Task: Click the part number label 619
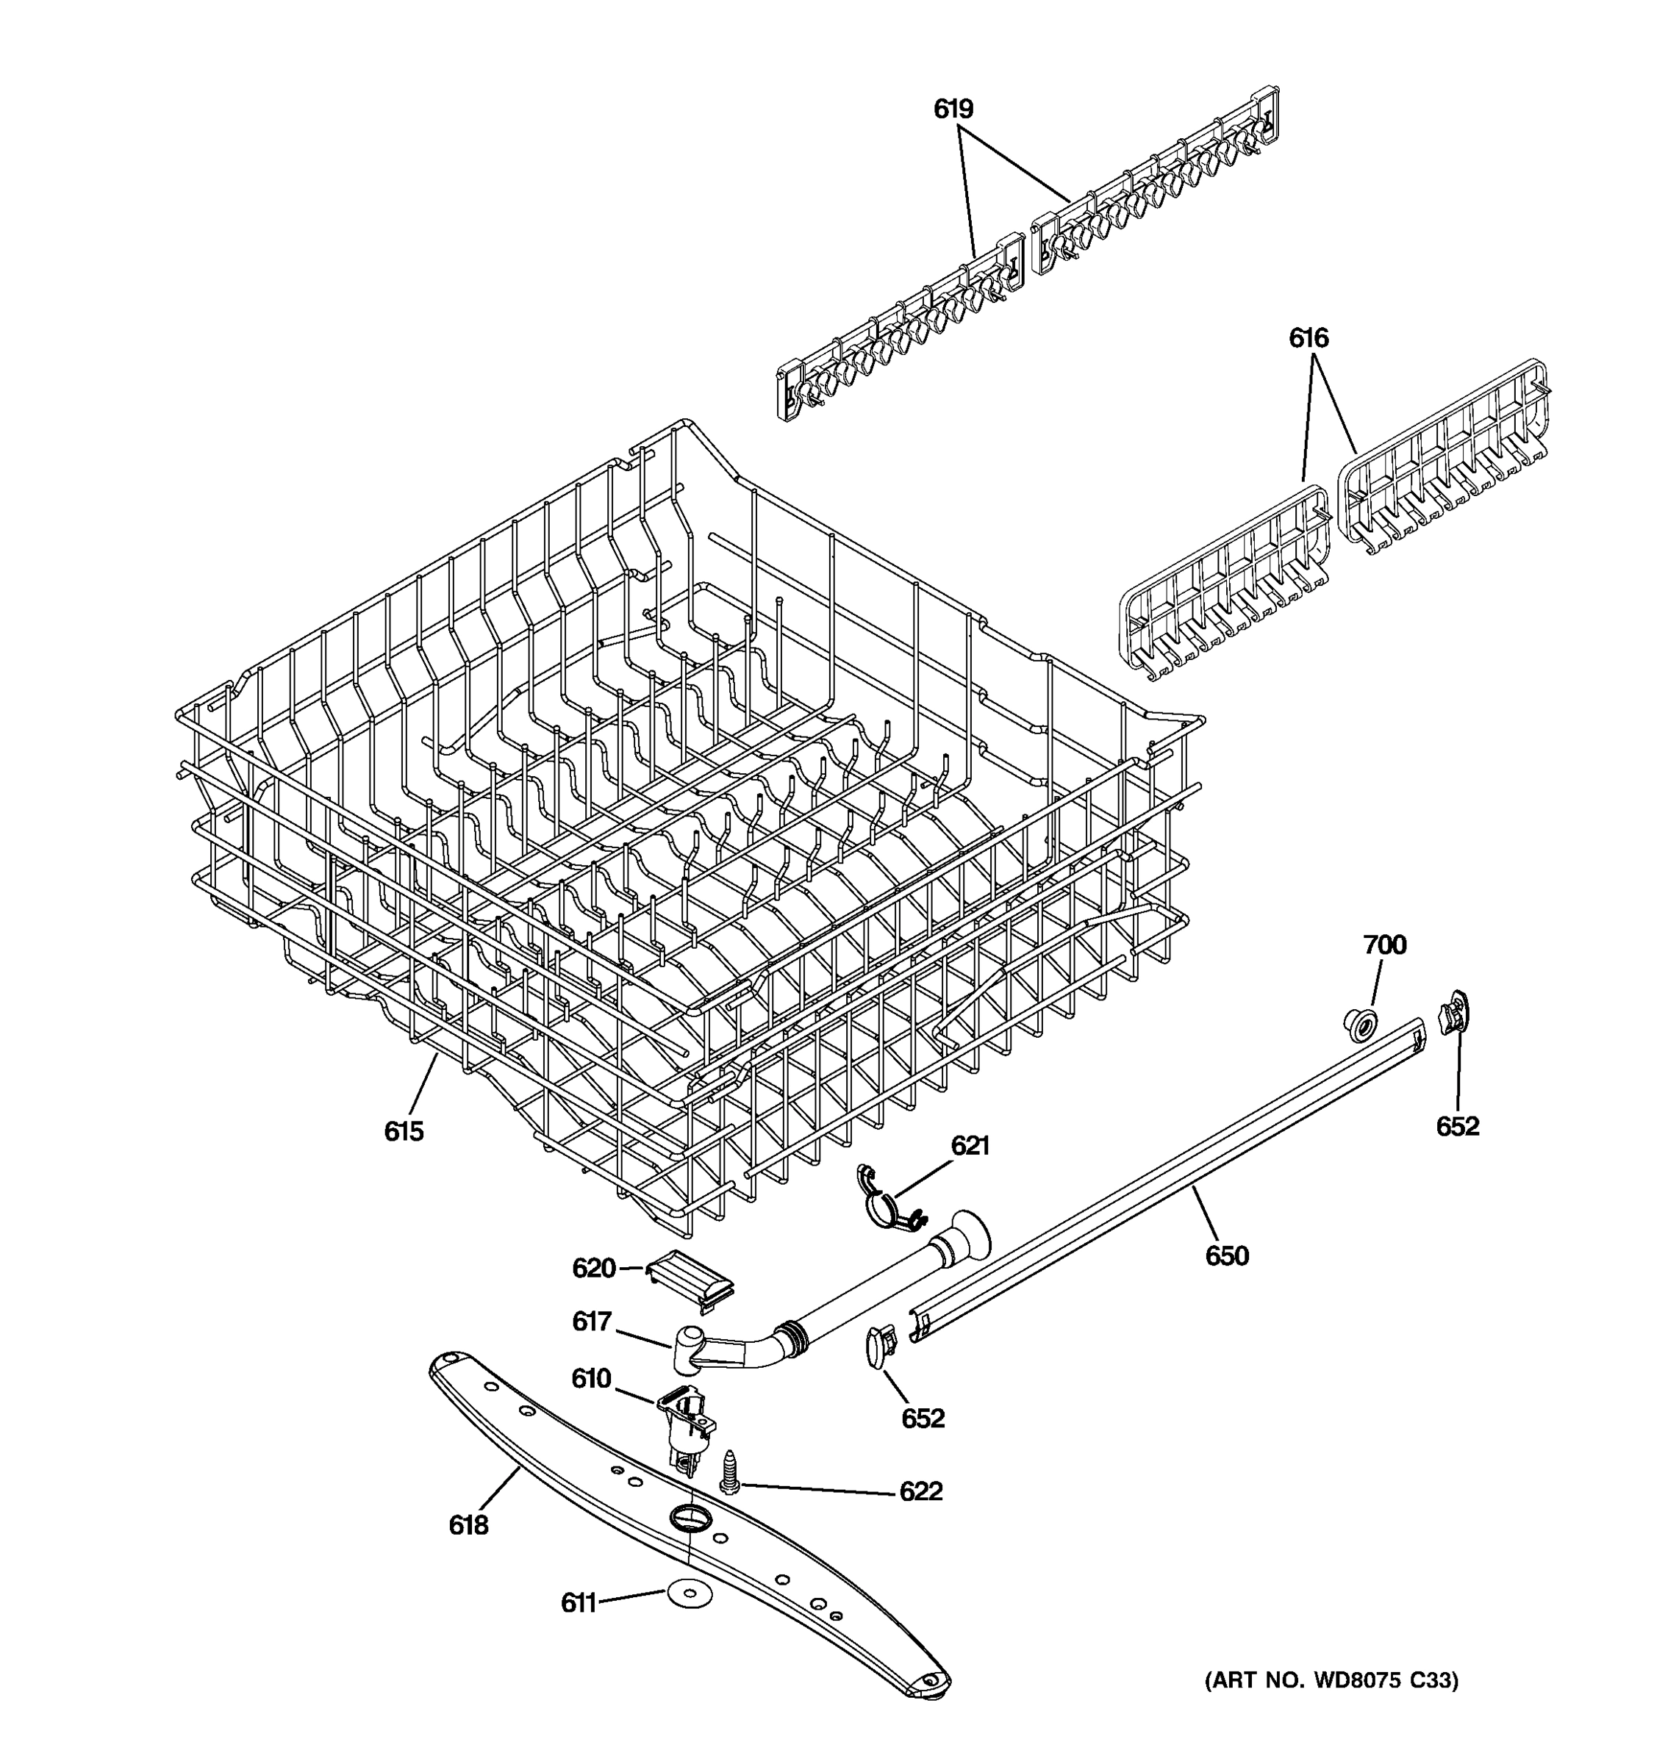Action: pos(953,109)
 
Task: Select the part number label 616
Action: pos(1308,337)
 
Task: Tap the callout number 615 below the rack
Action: pos(404,1131)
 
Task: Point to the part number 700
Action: pos(1384,945)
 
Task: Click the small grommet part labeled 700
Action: pos(1358,1025)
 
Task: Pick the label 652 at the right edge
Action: pos(1457,1126)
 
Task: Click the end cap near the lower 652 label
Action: pos(879,1345)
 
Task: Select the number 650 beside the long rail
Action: pos(1226,1255)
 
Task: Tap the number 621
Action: pos(970,1146)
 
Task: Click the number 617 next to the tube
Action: pos(592,1322)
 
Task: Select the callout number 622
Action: pos(920,1491)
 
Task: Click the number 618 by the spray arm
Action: pos(468,1525)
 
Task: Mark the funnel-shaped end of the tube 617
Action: pos(969,1238)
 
